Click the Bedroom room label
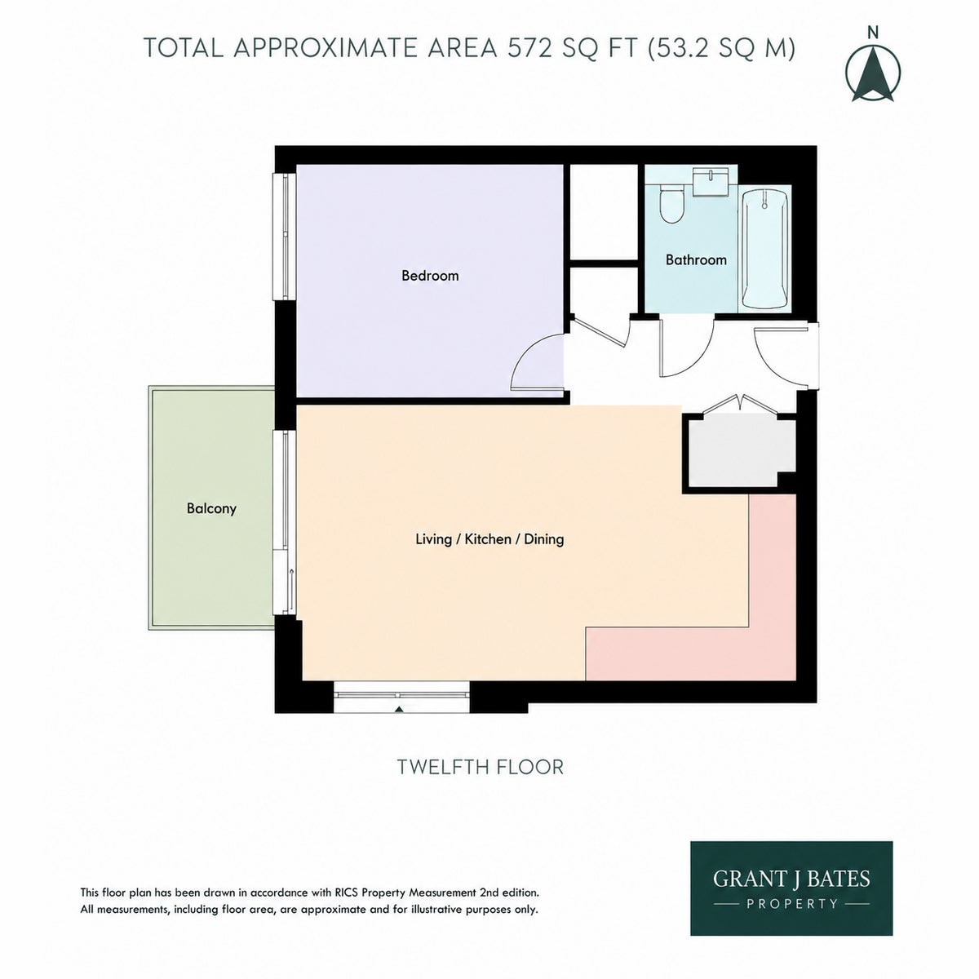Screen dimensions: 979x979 430,276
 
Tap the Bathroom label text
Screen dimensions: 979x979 696,260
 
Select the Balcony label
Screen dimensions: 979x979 211,508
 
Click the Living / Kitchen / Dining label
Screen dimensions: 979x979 489,539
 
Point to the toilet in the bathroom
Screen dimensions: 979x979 671,204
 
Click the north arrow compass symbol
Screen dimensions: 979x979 873,73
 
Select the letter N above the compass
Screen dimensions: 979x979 873,33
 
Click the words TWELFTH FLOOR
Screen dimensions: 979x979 480,767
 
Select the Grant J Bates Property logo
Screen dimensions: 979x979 791,888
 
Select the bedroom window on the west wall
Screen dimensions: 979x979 286,237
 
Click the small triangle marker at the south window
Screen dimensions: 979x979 400,709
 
